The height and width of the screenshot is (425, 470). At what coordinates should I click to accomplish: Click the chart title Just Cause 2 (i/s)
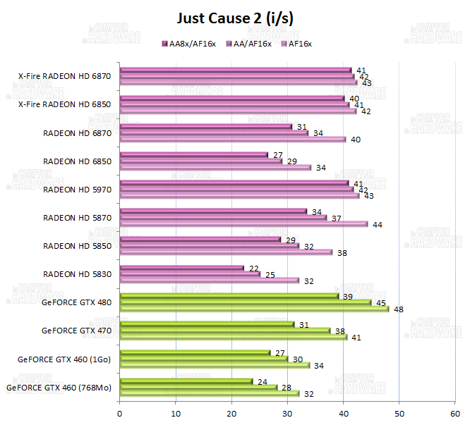click(234, 18)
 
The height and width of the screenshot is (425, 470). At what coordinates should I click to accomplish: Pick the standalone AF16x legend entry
click(296, 44)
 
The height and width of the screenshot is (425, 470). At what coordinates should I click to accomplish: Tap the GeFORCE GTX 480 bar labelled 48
click(254, 309)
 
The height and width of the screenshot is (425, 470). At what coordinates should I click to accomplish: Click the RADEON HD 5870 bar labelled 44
click(243, 224)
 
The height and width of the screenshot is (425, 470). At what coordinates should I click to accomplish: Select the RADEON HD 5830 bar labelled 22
click(181, 268)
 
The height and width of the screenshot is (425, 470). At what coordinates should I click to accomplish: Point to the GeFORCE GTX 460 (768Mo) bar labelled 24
click(186, 381)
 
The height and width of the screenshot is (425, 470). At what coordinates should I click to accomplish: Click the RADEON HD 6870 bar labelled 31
click(206, 127)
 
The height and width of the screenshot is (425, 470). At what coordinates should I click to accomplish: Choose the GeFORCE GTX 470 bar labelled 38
click(225, 331)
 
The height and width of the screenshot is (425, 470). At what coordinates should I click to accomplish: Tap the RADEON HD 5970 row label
click(77, 189)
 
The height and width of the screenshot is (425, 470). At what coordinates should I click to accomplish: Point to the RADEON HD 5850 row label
click(77, 246)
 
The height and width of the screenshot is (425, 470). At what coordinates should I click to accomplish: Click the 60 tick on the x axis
click(454, 414)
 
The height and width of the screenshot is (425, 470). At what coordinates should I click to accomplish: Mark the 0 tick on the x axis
click(120, 414)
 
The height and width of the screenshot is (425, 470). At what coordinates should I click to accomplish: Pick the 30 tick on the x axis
click(287, 414)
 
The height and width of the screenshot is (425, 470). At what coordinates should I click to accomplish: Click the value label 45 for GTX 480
click(380, 302)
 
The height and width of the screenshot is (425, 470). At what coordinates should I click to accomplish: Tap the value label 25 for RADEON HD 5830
click(270, 274)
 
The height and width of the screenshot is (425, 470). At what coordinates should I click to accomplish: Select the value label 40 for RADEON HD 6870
click(356, 140)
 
